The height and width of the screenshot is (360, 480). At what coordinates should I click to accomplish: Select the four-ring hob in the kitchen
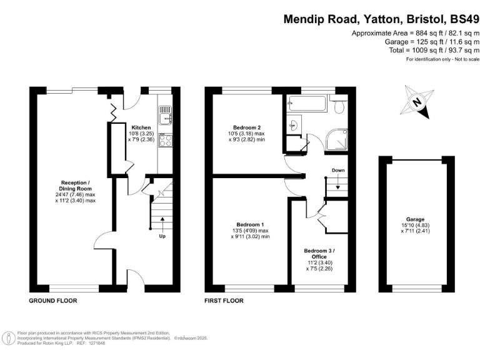(166, 141)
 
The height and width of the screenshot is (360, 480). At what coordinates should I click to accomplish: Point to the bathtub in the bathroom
(306, 104)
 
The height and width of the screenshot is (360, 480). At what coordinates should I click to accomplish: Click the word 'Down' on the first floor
(338, 170)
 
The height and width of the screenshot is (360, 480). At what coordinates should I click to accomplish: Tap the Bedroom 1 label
(249, 224)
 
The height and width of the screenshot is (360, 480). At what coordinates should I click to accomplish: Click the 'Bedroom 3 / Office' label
(319, 254)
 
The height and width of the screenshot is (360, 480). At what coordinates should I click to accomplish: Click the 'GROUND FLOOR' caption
(53, 301)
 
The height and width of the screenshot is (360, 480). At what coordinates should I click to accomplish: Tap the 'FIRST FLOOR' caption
(224, 301)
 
